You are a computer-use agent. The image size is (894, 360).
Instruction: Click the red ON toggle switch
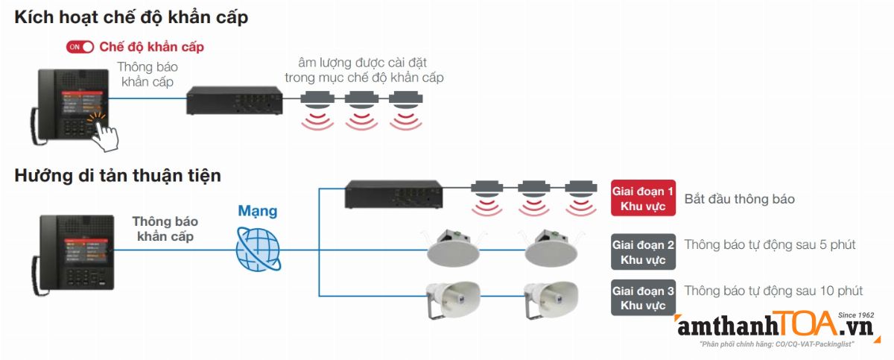tap(80, 47)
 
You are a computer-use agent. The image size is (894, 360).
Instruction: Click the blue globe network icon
tap(258, 249)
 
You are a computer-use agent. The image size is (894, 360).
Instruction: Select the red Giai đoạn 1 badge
tap(643, 198)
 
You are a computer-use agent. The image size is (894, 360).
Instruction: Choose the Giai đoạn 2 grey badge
tap(643, 252)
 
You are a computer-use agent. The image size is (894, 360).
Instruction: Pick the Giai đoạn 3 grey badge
tap(643, 297)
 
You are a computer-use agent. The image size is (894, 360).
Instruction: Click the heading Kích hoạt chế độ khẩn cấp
tap(131, 18)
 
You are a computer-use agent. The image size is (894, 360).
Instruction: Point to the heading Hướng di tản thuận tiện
tap(118, 176)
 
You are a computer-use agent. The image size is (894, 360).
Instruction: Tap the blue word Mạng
tap(258, 211)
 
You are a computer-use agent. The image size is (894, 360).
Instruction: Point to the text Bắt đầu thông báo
tap(739, 199)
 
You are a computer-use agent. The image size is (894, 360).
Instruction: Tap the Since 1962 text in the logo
tap(856, 315)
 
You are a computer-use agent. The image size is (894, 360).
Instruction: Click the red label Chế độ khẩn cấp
tap(151, 47)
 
